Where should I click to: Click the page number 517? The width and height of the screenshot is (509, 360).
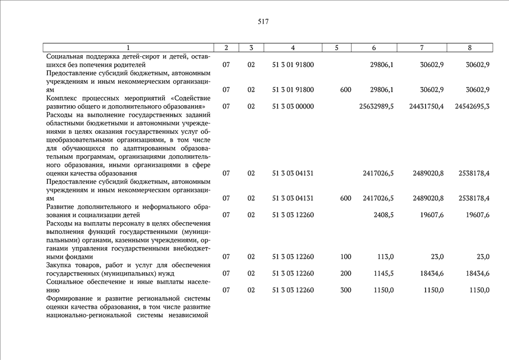point(263,22)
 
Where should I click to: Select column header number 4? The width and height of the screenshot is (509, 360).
point(292,48)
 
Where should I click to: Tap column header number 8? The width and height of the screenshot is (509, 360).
point(470,48)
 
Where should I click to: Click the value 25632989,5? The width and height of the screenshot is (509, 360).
point(376,106)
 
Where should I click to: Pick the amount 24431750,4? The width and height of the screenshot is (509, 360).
point(426,106)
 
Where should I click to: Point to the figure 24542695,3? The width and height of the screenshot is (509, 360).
point(472,106)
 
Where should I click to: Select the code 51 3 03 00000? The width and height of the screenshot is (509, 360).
point(292,106)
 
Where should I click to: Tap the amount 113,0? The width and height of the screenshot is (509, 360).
point(385,257)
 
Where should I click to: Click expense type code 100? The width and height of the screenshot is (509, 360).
point(345,257)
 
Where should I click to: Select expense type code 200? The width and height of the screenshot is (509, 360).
point(345,274)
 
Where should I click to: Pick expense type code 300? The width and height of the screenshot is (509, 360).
point(345,290)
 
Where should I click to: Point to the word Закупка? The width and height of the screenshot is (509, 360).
point(61,265)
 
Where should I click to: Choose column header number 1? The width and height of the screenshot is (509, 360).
point(128,48)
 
